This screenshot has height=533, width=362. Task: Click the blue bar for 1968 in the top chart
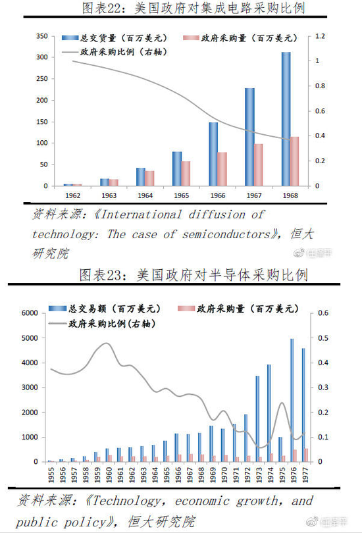286,118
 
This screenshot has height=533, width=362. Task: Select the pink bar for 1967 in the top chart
258,165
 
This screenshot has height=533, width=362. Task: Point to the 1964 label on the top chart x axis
145,195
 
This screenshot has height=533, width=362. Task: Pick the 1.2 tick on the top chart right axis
321,36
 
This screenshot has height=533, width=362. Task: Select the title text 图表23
105,274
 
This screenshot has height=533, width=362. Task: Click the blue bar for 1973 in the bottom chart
257,419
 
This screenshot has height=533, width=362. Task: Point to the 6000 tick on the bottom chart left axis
30,313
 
